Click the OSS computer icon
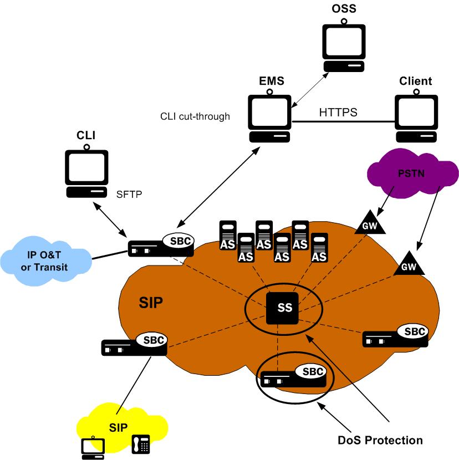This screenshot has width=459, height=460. [x=344, y=48]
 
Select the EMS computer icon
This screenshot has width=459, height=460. [x=269, y=116]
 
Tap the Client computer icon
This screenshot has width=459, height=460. [x=416, y=116]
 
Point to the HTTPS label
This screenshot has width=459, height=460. [x=338, y=112]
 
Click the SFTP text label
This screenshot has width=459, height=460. [x=129, y=195]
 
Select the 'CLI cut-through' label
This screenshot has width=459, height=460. [x=194, y=116]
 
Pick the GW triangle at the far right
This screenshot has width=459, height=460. [x=408, y=265]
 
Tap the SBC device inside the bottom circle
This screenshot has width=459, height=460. [x=294, y=377]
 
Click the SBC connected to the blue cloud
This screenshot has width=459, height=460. [x=161, y=245]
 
